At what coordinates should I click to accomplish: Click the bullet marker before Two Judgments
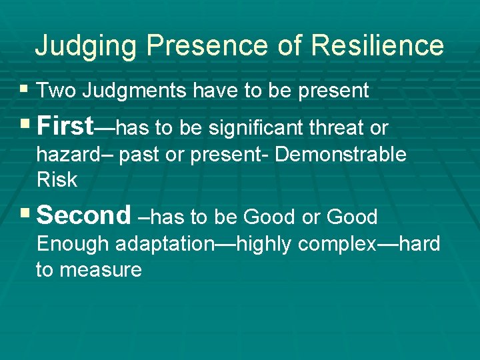pyautogui.click(x=25, y=89)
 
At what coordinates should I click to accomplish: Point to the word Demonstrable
pyautogui.click(x=340, y=155)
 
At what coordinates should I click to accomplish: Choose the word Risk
pyautogui.click(x=57, y=180)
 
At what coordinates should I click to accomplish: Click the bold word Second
pyautogui.click(x=84, y=215)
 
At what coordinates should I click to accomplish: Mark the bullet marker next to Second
pyautogui.click(x=25, y=214)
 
